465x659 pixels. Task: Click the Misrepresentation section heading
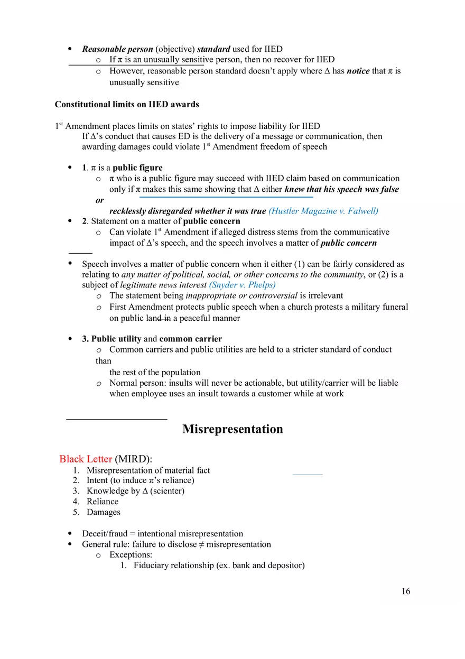(x=232, y=429)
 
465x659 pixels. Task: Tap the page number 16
(x=405, y=591)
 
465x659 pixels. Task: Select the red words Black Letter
(x=86, y=459)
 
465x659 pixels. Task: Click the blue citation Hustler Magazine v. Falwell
(x=323, y=211)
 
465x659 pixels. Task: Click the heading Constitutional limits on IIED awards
(x=127, y=104)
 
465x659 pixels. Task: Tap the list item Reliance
(x=103, y=502)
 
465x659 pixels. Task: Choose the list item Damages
(x=104, y=512)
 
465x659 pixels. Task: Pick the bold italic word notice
(x=358, y=71)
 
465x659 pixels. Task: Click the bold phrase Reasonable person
(x=117, y=49)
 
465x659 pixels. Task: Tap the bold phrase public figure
(x=137, y=168)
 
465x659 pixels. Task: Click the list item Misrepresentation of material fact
(x=148, y=470)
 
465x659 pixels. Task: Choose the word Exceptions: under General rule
(x=131, y=555)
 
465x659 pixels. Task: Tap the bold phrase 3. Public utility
(x=111, y=339)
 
